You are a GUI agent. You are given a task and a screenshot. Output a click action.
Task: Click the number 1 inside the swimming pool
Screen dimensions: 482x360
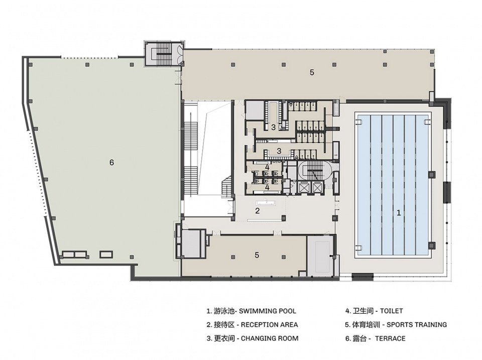coord(399,213)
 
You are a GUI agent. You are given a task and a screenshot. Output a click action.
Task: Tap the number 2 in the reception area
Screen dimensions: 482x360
coord(258,211)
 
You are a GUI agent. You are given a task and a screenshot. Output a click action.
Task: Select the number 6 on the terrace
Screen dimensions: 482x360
coord(111,162)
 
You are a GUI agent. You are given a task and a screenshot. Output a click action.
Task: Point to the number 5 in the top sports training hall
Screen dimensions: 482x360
coord(312,73)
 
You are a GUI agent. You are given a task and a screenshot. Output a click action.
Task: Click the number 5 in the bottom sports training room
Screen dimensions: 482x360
coord(257,255)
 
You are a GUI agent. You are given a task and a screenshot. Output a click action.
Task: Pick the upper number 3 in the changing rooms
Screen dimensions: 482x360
coord(273,127)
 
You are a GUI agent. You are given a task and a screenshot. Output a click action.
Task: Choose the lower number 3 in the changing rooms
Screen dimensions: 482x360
coord(279,151)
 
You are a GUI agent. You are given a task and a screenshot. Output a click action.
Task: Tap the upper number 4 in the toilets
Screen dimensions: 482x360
coord(268,168)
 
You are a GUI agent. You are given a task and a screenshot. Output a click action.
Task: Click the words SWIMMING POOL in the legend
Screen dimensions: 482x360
coord(268,311)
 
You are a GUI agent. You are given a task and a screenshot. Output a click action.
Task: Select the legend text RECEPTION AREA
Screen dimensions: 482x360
coord(269,325)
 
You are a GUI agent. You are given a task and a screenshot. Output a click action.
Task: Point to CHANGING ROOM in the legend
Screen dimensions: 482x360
coord(270,338)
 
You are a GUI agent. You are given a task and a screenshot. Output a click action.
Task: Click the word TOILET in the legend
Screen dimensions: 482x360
coord(391,311)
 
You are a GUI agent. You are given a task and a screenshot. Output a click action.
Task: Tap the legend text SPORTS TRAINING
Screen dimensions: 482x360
coord(417,325)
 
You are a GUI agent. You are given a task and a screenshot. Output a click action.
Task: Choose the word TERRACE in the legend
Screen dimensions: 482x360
coord(390,338)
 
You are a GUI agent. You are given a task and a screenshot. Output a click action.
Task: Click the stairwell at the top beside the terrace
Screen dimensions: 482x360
coord(164,53)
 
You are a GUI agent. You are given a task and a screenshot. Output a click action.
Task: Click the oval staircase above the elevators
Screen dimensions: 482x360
coord(314,171)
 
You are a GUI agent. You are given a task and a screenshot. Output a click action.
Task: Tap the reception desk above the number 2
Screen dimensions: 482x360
coord(267,203)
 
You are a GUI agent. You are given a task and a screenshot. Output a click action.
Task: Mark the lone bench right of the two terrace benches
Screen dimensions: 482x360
coord(106,254)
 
